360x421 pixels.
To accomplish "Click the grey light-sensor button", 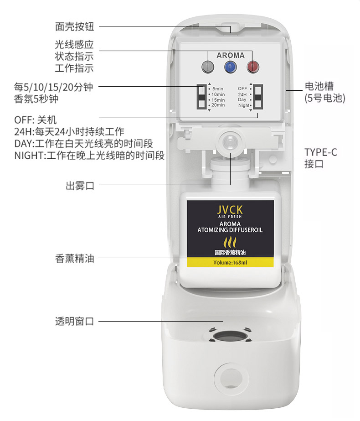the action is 208,67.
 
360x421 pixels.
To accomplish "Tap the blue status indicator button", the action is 230,67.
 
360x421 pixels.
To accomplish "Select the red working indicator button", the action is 253,67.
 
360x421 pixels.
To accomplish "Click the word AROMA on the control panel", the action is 231,55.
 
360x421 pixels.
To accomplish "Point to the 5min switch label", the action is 218,88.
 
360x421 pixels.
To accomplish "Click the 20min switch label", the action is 218,105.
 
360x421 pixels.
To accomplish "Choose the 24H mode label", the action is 242,94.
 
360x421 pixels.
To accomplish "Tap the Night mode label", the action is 244,105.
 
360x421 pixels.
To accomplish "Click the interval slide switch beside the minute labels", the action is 202,97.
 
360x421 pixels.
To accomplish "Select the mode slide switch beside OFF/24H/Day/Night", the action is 258,97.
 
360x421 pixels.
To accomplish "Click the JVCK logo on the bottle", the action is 230,210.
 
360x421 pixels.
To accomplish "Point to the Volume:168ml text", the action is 230,263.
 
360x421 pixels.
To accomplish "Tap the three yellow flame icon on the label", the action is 230,242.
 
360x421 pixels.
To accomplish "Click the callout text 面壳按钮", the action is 75,26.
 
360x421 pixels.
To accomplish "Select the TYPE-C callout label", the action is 320,158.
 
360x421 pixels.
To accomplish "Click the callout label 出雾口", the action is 80,186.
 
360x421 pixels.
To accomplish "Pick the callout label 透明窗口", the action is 75,321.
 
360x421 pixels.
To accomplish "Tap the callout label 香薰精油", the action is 75,258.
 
